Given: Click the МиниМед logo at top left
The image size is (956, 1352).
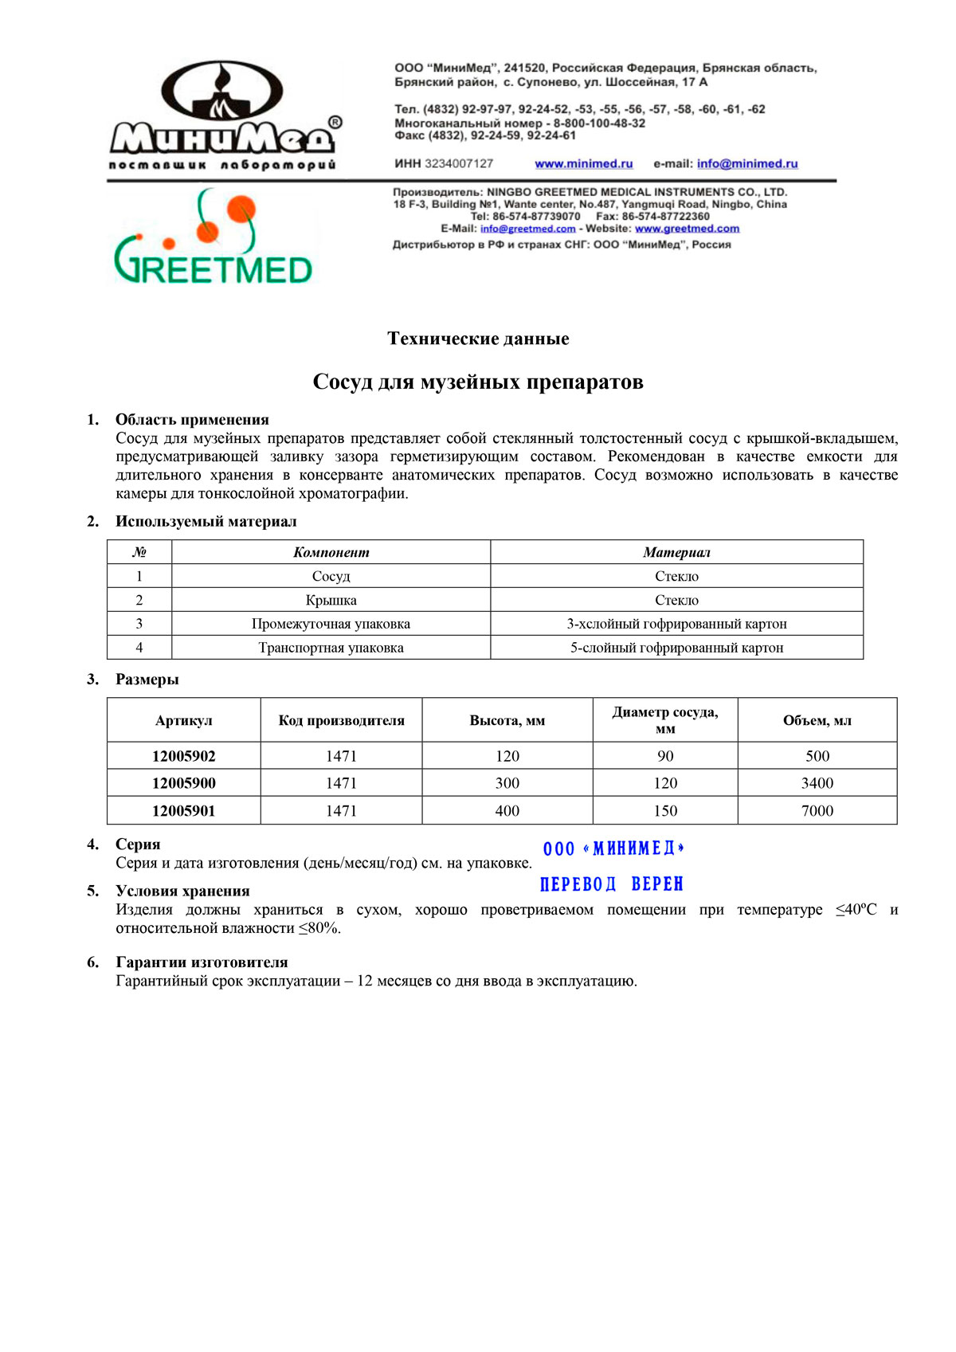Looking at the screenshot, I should (224, 116).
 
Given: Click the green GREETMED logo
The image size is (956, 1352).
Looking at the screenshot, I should (213, 239).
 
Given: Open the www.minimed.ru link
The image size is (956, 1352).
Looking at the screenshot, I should (583, 163).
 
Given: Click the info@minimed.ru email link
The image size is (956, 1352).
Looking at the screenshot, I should (746, 163).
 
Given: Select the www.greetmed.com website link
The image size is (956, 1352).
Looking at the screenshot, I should (687, 229).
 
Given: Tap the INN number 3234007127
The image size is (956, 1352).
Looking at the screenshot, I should (458, 163).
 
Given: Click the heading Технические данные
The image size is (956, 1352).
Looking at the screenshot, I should (478, 339).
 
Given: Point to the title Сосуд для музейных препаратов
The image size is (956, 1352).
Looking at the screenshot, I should (478, 382).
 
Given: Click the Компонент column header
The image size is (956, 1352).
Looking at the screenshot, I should (331, 552).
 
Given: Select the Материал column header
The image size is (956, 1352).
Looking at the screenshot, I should (676, 552).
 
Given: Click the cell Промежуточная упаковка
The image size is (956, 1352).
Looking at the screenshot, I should (331, 624).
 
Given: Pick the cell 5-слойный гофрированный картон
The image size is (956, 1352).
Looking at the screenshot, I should (676, 648).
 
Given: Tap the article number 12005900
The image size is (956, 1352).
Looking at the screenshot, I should (183, 783).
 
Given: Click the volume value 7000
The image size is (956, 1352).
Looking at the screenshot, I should (817, 811).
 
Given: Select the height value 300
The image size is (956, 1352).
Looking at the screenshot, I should (507, 783).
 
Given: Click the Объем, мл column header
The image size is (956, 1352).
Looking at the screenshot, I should (817, 720).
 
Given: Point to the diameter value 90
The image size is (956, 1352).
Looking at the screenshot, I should (664, 756).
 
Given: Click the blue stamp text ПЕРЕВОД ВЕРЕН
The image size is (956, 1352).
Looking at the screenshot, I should (611, 884).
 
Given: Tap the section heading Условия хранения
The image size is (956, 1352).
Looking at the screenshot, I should (182, 891).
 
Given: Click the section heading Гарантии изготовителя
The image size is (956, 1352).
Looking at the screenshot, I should (202, 962).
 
